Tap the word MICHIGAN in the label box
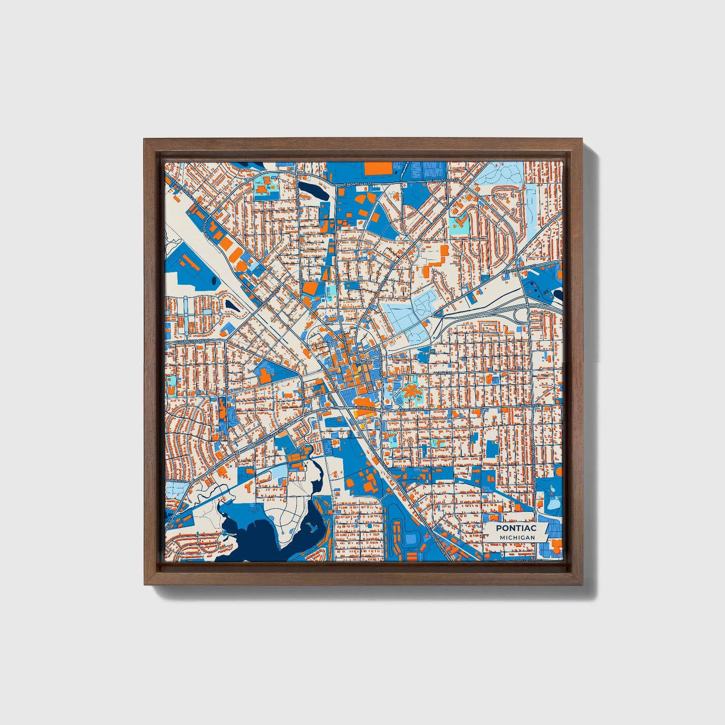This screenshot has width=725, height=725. (516, 537)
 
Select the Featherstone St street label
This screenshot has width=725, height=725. (520, 271)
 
